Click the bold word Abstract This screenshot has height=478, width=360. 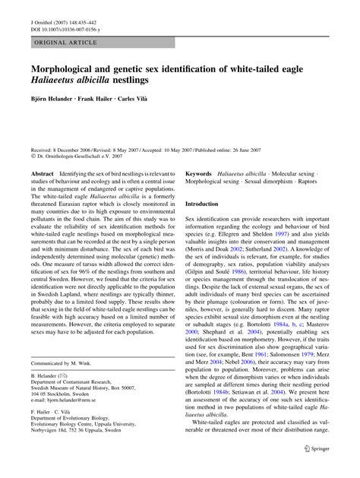coord(42,174)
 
